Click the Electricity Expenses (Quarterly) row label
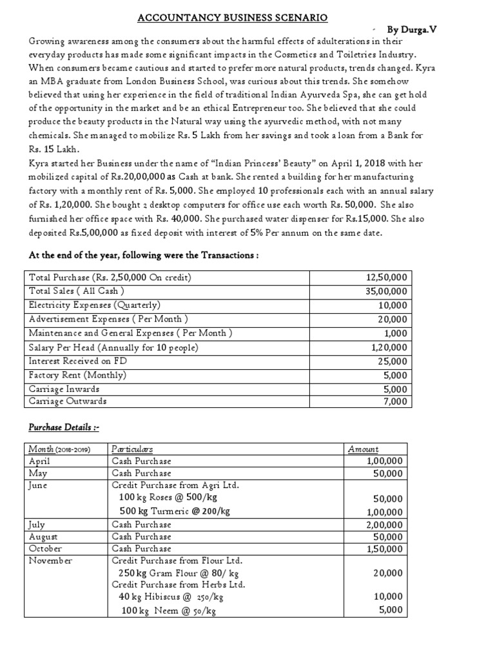coord(95,305)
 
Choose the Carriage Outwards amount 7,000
coord(394,402)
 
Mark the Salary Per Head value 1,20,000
coord(387,347)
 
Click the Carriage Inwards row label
coord(64,389)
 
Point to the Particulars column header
coord(132,449)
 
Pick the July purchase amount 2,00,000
coord(384,525)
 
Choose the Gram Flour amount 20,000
coord(389,573)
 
